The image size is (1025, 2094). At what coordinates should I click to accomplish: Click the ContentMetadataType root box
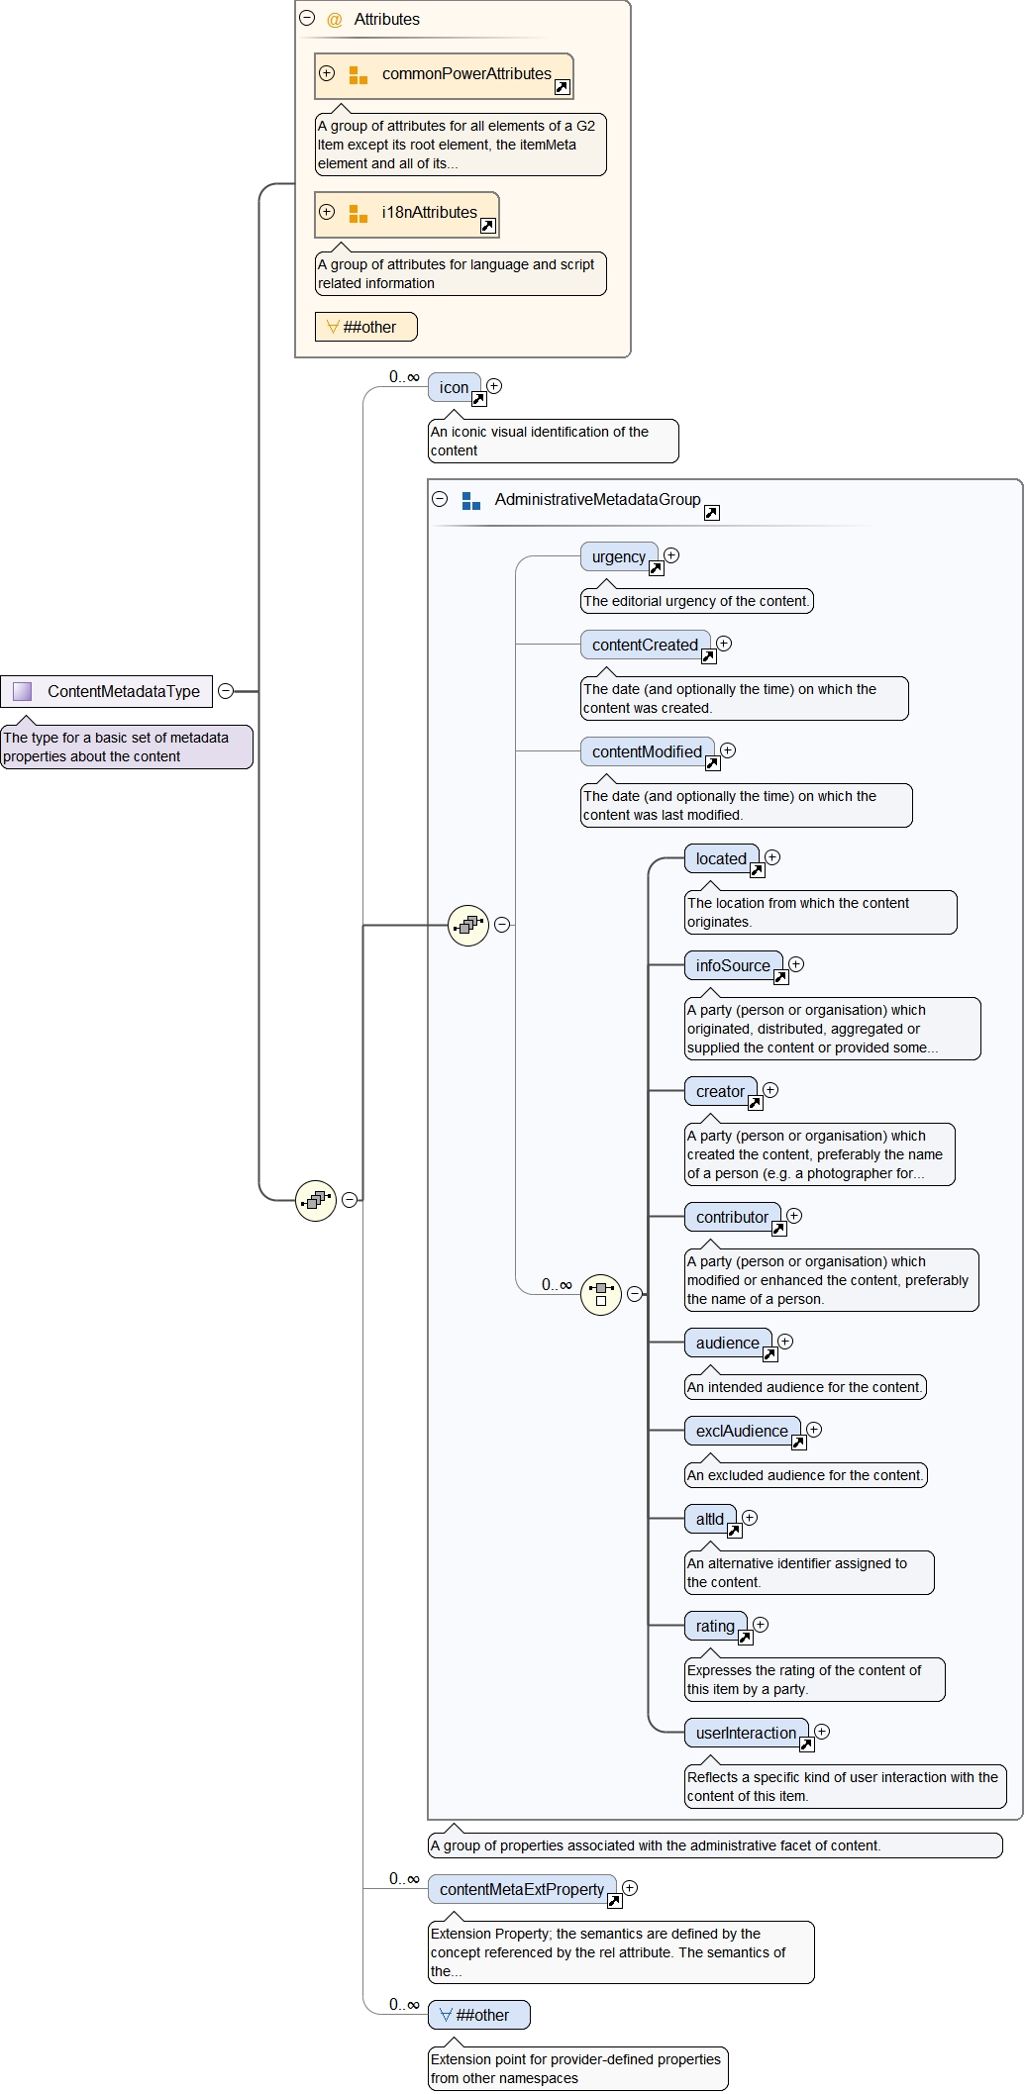pyautogui.click(x=107, y=691)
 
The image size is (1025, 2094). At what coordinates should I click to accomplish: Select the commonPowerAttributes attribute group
pyautogui.click(x=444, y=75)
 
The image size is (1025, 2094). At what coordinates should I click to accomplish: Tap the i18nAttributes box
pyautogui.click(x=407, y=214)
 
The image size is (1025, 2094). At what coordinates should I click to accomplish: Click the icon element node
pyautogui.click(x=454, y=387)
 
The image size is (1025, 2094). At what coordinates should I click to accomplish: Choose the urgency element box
pyautogui.click(x=618, y=556)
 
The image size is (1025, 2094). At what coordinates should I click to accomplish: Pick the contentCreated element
pyautogui.click(x=645, y=645)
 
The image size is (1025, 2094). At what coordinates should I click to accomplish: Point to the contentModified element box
pyautogui.click(x=647, y=751)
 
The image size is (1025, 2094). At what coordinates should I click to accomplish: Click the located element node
pyautogui.click(x=721, y=858)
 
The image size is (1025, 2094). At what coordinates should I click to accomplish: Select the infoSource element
pyautogui.click(x=733, y=965)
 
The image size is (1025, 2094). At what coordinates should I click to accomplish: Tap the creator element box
pyautogui.click(x=720, y=1091)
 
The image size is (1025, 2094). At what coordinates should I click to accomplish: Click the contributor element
pyautogui.click(x=732, y=1217)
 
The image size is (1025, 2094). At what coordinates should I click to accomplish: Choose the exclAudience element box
pyautogui.click(x=742, y=1431)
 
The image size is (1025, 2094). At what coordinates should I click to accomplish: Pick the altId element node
pyautogui.click(x=710, y=1519)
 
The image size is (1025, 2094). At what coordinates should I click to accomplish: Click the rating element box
pyautogui.click(x=715, y=1626)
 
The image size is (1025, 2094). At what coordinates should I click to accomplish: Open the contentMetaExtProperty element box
pyautogui.click(x=522, y=1889)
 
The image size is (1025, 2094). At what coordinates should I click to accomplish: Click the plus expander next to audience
pyautogui.click(x=785, y=1342)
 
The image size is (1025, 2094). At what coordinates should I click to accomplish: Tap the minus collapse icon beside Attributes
pyautogui.click(x=307, y=18)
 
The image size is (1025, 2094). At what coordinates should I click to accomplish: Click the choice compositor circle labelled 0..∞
pyautogui.click(x=601, y=1294)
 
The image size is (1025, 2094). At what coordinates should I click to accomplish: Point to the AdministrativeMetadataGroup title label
pyautogui.click(x=597, y=499)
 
